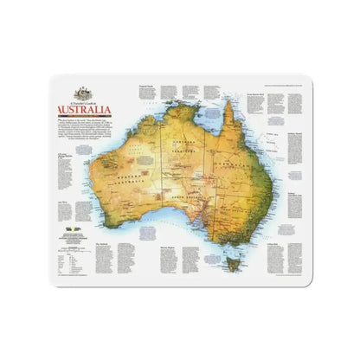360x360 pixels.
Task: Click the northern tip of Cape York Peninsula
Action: click(x=226, y=105)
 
